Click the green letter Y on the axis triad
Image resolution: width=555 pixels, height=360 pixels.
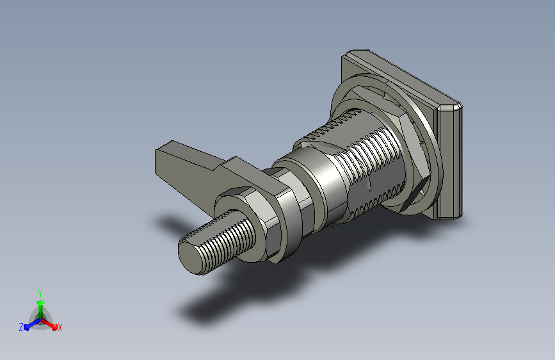point(40,293)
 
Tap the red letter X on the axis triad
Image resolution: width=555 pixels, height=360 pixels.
point(60,327)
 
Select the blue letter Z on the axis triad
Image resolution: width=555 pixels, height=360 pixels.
point(21,327)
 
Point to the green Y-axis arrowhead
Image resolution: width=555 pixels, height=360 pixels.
point(41,302)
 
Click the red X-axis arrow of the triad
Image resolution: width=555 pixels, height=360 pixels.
point(49,323)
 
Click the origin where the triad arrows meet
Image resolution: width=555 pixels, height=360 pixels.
point(41,319)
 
